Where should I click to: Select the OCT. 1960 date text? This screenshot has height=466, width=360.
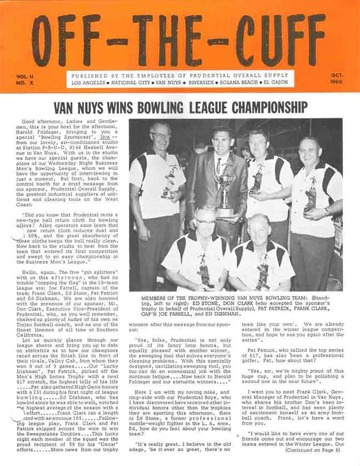(x=338, y=79)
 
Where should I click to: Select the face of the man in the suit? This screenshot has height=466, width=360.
(x=221, y=141)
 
